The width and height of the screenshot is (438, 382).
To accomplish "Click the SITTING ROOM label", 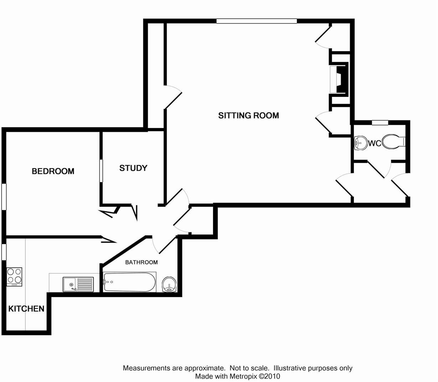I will [248, 115].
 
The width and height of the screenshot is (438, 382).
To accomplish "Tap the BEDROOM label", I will [53, 171].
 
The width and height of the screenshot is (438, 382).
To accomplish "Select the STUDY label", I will [133, 168].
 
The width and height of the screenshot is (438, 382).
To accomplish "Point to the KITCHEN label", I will [26, 309].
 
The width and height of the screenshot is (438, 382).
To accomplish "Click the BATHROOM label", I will [141, 262].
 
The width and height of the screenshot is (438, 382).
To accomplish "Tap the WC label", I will [375, 144].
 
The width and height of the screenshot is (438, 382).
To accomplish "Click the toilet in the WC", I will [393, 142].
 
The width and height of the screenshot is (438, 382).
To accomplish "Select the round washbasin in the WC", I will [361, 143].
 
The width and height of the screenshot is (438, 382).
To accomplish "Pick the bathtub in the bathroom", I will [129, 282].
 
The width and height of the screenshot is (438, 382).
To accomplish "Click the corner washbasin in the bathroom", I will [169, 284].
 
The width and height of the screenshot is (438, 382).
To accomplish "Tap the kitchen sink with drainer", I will [78, 284].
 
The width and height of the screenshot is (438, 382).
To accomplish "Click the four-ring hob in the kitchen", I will [14, 277].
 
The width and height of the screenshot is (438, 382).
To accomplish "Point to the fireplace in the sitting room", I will [339, 79].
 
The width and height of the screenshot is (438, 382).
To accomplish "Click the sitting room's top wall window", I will [257, 21].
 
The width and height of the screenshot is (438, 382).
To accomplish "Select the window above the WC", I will [380, 123].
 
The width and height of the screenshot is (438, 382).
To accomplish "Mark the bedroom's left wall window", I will [4, 196].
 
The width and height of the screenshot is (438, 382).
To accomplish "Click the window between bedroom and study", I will [101, 171].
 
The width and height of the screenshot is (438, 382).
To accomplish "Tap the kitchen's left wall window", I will [4, 252].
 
